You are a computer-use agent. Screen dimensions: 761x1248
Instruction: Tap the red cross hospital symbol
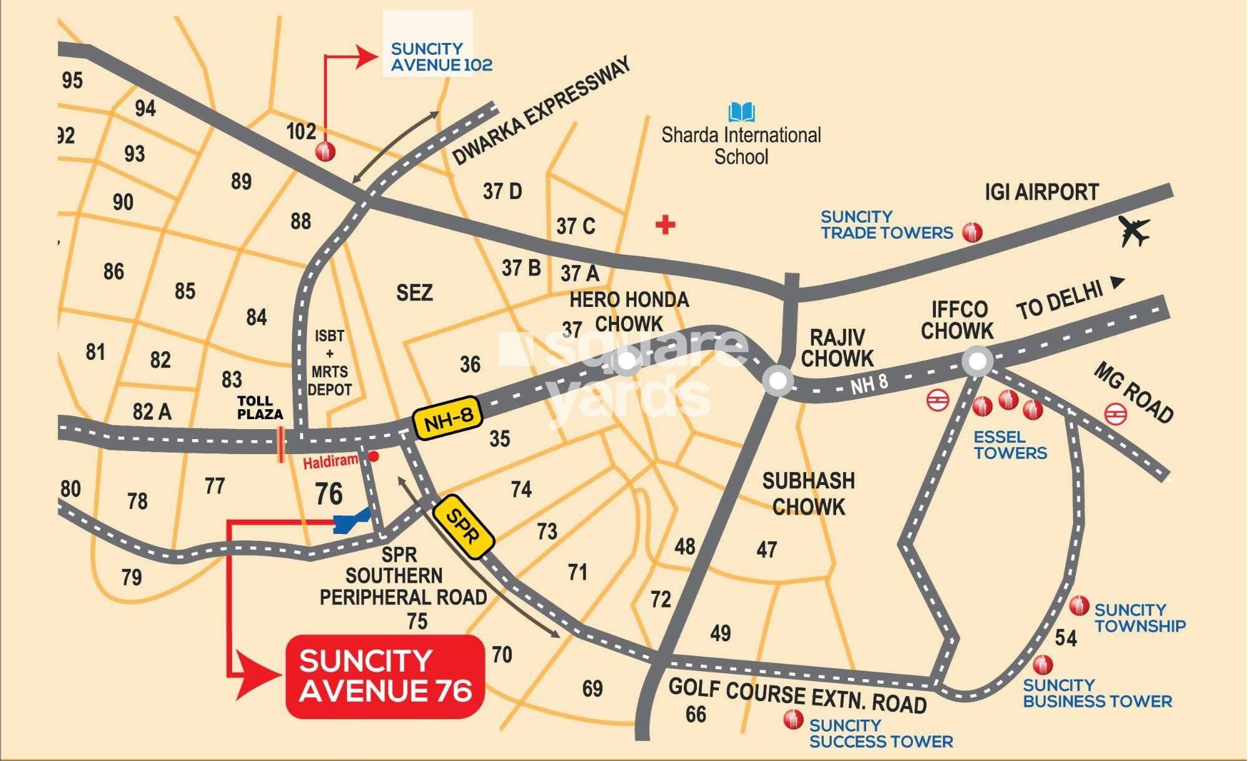665,225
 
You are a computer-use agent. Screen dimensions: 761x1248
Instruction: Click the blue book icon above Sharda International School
741,113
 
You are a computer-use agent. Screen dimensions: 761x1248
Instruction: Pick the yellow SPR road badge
464,526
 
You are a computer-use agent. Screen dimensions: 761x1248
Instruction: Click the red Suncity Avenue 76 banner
385,676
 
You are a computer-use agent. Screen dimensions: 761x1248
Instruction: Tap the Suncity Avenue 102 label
441,57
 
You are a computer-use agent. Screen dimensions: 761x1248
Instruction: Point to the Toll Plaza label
260,407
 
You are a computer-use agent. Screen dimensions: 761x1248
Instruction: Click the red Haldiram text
331,462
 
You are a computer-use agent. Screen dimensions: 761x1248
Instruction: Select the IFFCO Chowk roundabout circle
977,361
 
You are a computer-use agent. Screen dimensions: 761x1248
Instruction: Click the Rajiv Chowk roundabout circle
778,380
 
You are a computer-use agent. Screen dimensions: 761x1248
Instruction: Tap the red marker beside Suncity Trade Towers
972,232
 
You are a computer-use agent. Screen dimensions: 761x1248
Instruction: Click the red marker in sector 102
325,152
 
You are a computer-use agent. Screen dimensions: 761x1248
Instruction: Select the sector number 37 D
502,191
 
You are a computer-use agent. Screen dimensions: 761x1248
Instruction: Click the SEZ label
414,293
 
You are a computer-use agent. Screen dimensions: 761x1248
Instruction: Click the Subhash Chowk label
808,493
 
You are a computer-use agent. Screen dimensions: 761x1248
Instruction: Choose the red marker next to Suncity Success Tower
793,720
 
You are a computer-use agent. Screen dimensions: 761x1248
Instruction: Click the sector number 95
72,80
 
